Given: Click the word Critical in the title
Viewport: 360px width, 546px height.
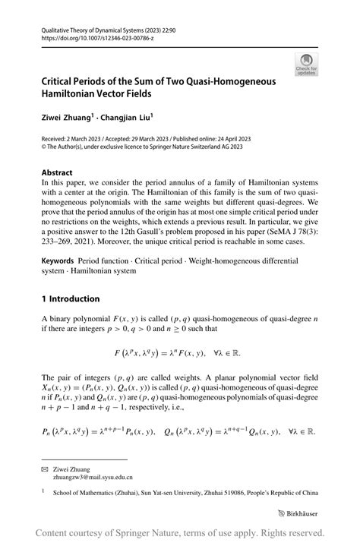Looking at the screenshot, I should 61,80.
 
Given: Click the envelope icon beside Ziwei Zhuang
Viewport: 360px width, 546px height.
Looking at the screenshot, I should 44,469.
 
